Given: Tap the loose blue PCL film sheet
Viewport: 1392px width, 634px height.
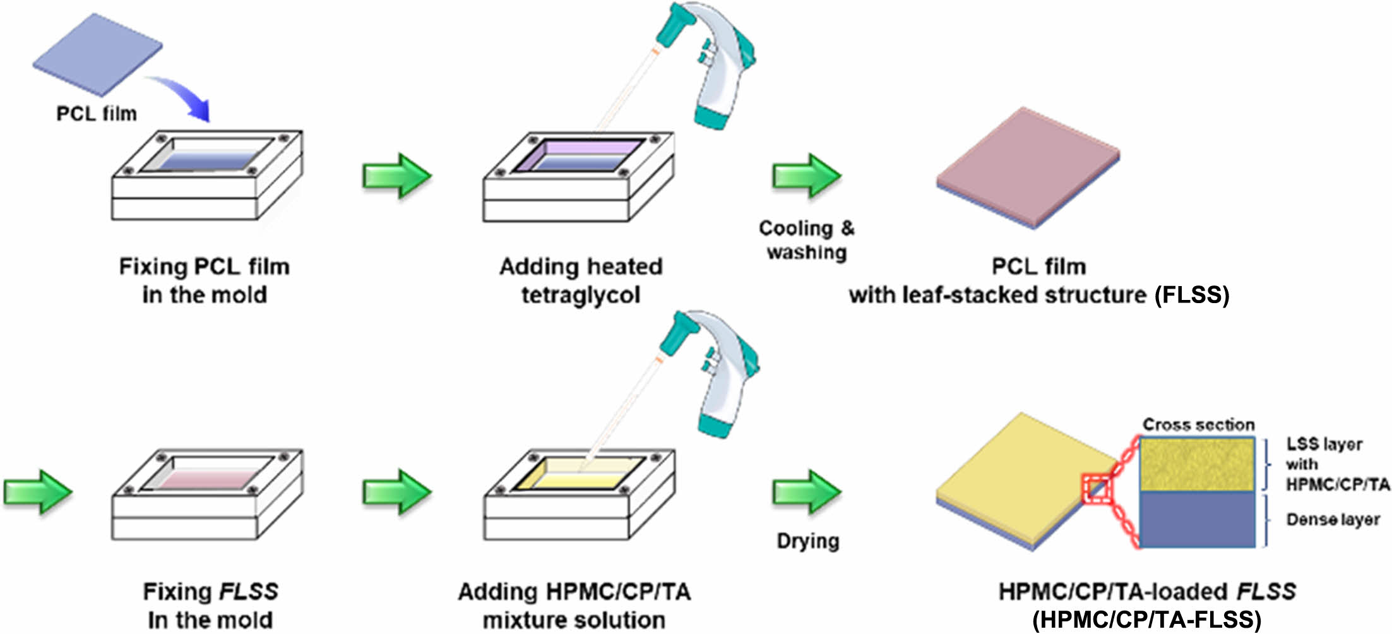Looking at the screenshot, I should click(98, 54).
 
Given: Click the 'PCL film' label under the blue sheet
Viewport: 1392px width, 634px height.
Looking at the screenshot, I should click(97, 114).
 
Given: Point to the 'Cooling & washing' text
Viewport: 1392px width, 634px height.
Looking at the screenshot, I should click(806, 240).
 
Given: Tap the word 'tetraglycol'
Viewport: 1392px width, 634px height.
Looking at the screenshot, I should click(581, 295).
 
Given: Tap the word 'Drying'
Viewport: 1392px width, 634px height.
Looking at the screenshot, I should click(808, 541).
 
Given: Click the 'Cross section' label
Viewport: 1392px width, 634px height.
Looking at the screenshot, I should click(1198, 425).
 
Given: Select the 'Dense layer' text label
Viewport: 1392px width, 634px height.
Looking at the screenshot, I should click(1333, 520).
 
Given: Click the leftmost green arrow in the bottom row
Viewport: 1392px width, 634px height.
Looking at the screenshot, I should click(38, 492).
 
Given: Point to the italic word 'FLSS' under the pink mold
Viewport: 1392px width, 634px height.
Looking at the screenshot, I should click(248, 592).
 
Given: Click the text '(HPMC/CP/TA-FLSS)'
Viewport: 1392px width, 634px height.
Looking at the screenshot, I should click(1146, 620).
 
